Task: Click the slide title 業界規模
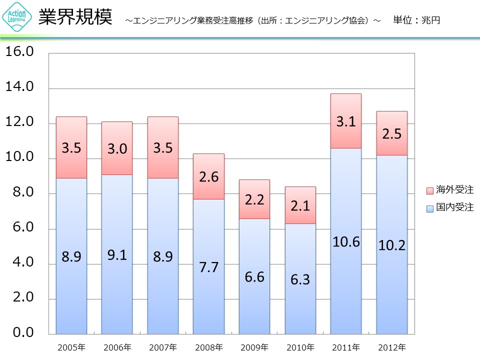pyautogui.click(x=75, y=17)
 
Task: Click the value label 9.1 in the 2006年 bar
pyautogui.click(x=117, y=255)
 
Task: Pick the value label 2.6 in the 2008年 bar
pyautogui.click(x=208, y=176)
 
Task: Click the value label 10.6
pyautogui.click(x=345, y=242)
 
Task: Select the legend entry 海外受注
pyautogui.click(x=449, y=190)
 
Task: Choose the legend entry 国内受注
pyautogui.click(x=449, y=207)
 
